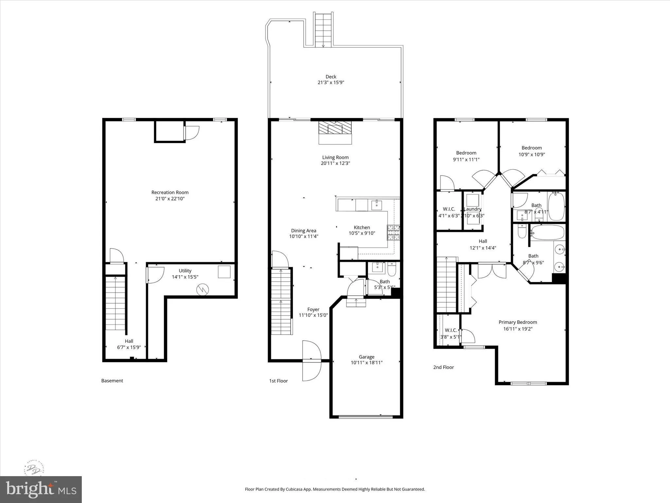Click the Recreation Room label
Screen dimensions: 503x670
pos(170,192)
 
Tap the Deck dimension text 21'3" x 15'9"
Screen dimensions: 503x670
pos(331,83)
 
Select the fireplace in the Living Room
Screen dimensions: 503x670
pos(335,132)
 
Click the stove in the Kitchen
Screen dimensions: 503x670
pos(394,233)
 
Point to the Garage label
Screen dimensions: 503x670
pos(366,357)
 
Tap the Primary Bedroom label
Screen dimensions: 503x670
pos(518,322)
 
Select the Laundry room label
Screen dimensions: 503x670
pos(473,209)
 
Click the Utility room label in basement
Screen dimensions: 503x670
pos(185,270)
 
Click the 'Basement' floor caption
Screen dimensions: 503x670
pos(112,381)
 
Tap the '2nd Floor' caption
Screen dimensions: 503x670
pos(443,367)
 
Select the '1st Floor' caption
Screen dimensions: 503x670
pos(278,381)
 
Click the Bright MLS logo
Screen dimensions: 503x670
pos(41,489)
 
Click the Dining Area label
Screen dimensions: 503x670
pos(304,231)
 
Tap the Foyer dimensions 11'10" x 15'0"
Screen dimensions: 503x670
pos(313,315)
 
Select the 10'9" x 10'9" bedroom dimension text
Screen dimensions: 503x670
pos(532,154)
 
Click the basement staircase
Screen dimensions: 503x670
pos(115,303)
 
